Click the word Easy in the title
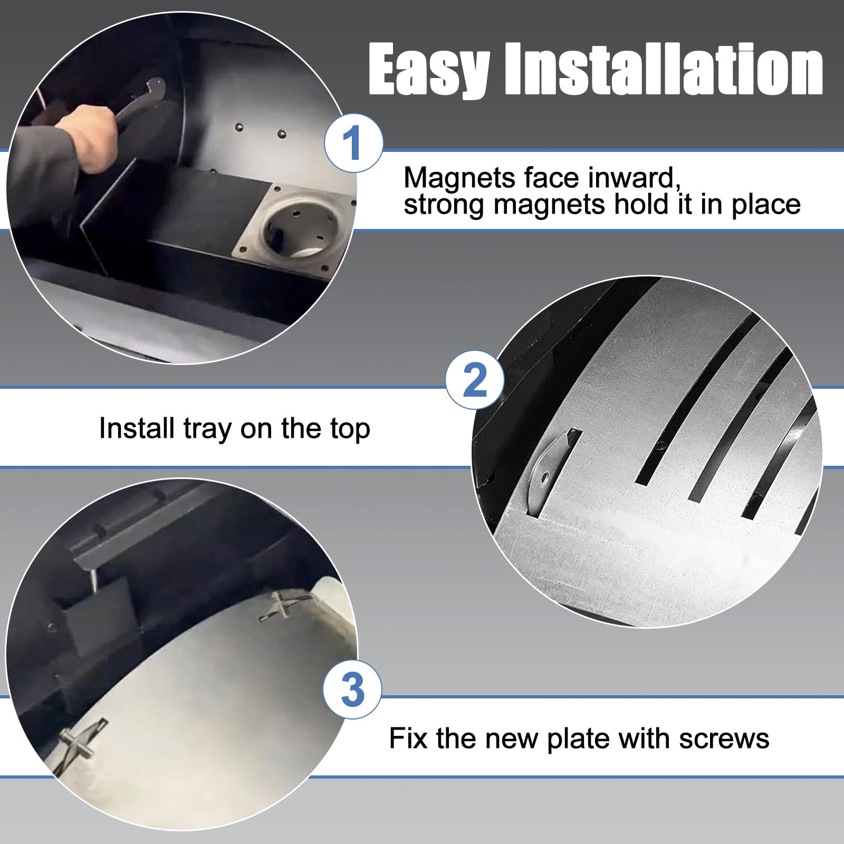click(x=428, y=70)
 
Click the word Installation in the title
click(x=664, y=70)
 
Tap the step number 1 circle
click(x=352, y=143)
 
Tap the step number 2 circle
click(x=474, y=380)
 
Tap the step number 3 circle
click(x=352, y=689)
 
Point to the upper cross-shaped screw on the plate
click(x=282, y=605)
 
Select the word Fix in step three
click(x=408, y=738)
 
